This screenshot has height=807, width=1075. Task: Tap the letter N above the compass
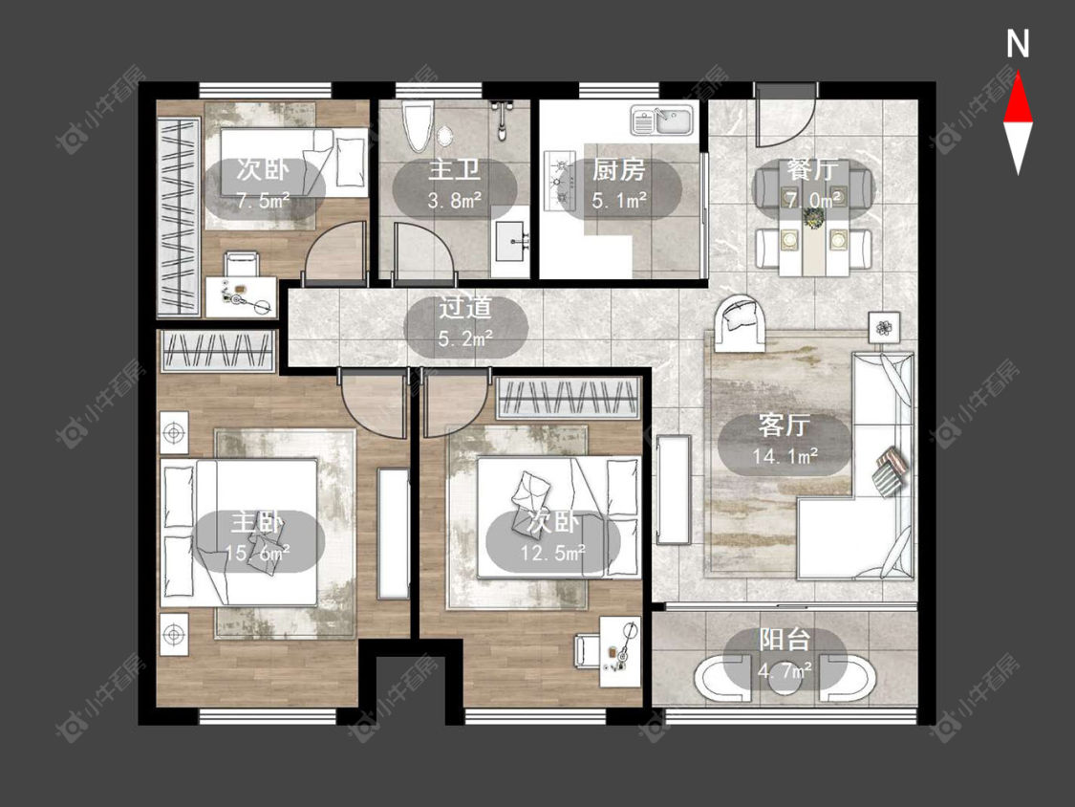pyautogui.click(x=1018, y=44)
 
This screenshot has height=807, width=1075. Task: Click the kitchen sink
pyautogui.click(x=662, y=120)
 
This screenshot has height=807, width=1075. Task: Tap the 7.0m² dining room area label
pyautogui.click(x=814, y=200)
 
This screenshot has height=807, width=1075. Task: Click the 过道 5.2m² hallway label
pyautogui.click(x=466, y=322)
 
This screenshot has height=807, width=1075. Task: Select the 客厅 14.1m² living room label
pyautogui.click(x=785, y=439)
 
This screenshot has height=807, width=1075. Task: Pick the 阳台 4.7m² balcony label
pyautogui.click(x=785, y=654)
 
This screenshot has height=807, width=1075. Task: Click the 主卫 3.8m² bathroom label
pyautogui.click(x=454, y=184)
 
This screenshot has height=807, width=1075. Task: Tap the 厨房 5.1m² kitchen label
pyautogui.click(x=619, y=185)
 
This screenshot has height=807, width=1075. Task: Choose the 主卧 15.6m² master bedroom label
pyautogui.click(x=257, y=536)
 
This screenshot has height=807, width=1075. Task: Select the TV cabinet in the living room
pyautogui.click(x=674, y=490)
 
